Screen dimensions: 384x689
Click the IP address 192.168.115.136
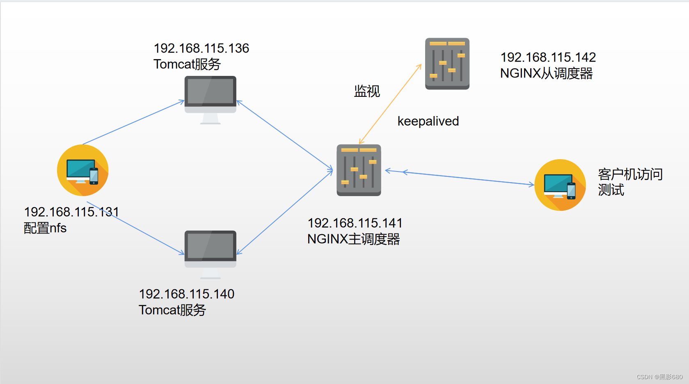point(201,48)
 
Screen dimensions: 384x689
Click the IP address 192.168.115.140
point(186,294)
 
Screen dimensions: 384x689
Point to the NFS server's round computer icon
point(82,170)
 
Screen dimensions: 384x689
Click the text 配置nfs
point(45,228)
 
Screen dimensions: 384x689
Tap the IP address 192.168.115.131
point(71,212)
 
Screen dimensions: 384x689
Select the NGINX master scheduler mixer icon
point(359,170)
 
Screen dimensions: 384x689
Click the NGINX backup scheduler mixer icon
point(447,64)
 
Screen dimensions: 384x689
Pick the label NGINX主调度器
point(353,239)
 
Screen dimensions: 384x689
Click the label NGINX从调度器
point(546,73)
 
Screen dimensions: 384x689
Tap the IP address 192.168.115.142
point(548,57)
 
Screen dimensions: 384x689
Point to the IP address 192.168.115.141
point(355,223)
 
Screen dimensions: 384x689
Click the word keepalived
point(428,121)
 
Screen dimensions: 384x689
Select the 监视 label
point(367,91)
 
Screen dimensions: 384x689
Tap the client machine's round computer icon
point(560,185)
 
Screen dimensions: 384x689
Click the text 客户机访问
point(630,174)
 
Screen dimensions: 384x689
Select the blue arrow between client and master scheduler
point(460,178)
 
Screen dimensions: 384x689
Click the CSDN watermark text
point(659,377)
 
